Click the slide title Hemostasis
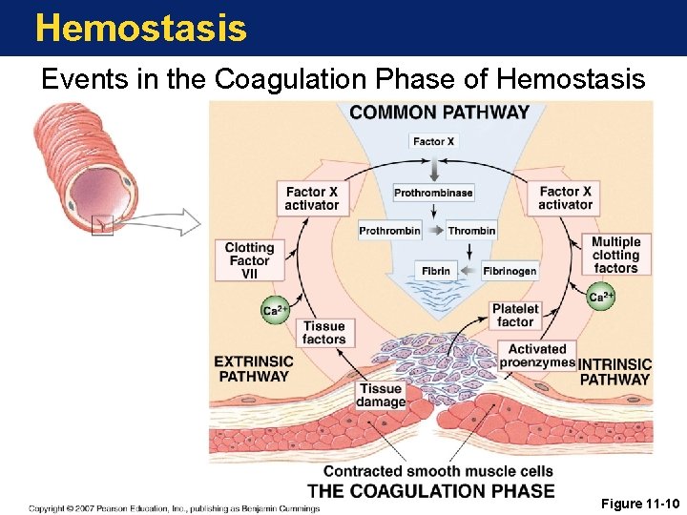point(140,28)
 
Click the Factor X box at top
point(433,141)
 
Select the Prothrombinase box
point(433,193)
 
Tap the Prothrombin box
point(389,230)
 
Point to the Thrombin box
point(471,230)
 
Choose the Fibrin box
point(436,271)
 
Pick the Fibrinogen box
point(510,271)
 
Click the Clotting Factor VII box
point(249,260)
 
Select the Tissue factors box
point(323,332)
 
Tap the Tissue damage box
point(381,395)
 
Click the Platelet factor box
point(515,315)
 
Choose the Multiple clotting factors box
point(615,255)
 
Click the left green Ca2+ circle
point(276,310)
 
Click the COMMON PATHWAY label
point(439,112)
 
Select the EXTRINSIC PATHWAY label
point(253,368)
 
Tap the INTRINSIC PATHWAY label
point(614,371)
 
